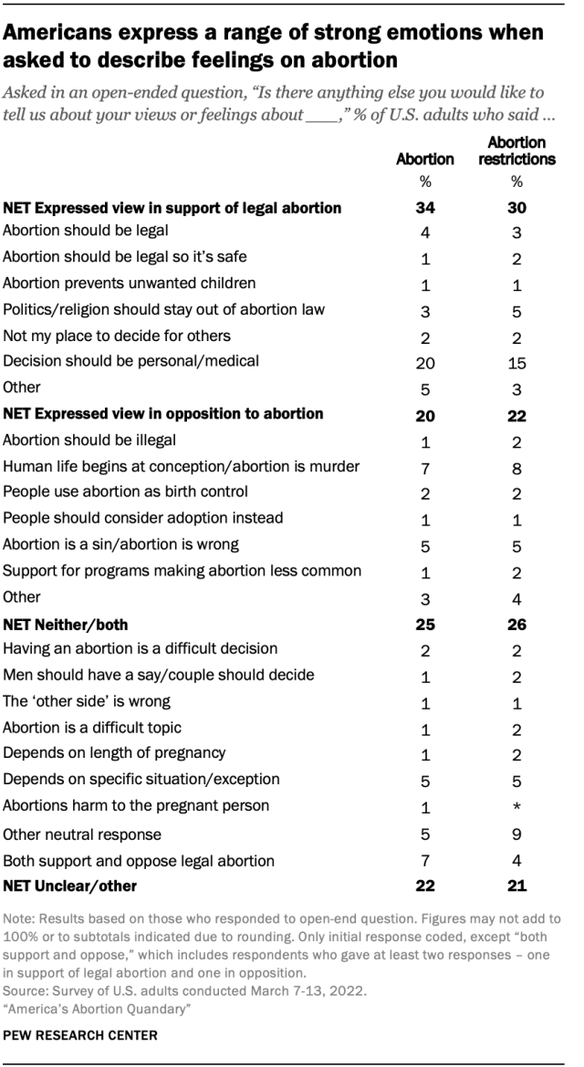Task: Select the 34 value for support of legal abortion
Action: (x=424, y=208)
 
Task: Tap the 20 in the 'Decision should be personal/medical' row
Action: (x=424, y=361)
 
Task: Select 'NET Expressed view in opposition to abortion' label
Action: (x=163, y=413)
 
